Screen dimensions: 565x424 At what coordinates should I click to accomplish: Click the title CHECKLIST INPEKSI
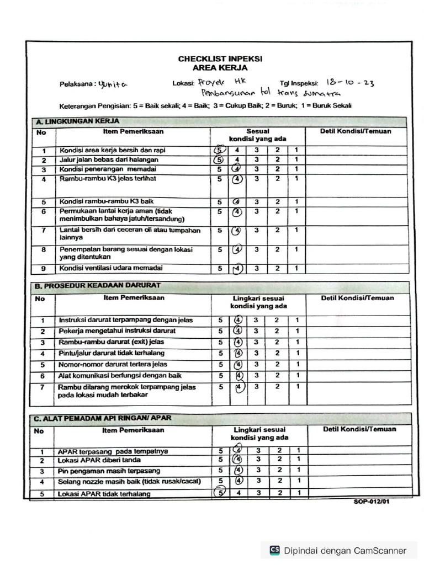tap(220, 58)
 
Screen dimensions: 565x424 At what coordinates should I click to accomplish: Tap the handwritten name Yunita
tap(112, 84)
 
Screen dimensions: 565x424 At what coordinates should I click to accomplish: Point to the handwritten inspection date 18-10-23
tap(350, 83)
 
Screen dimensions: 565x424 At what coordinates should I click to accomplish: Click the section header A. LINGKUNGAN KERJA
tap(77, 121)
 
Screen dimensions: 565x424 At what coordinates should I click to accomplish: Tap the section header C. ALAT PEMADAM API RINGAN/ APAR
tap(109, 418)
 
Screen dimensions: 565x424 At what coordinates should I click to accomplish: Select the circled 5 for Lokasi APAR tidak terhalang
tap(220, 493)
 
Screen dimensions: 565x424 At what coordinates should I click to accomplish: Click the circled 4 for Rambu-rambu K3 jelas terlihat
tap(237, 179)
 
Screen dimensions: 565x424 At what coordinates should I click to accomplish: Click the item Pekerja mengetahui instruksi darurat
tap(117, 331)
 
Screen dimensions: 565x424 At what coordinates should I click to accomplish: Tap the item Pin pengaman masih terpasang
tap(109, 471)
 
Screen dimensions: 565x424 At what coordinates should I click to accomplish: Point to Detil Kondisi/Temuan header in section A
tap(356, 131)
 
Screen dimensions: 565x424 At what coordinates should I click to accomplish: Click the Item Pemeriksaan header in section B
tap(134, 298)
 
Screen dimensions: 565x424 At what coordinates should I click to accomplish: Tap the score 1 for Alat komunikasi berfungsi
tap(296, 376)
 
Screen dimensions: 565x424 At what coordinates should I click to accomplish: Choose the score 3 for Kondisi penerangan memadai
tap(256, 169)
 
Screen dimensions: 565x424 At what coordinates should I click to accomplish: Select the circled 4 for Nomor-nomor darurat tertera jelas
tap(238, 365)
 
